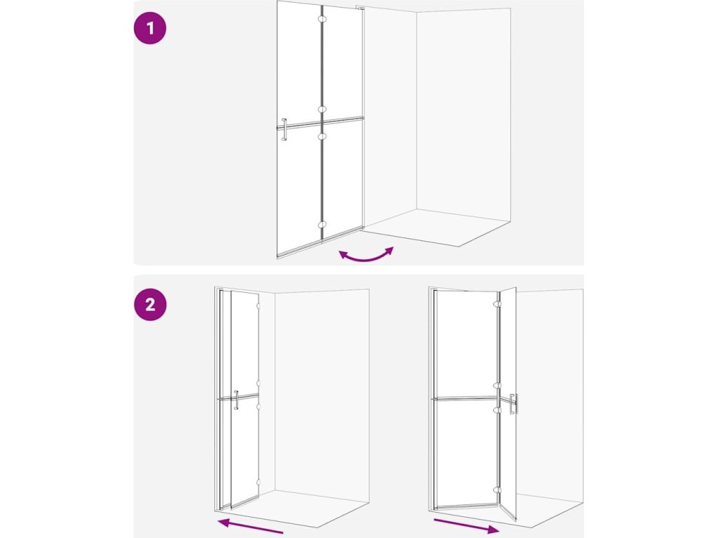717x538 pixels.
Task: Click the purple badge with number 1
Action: tap(150, 28)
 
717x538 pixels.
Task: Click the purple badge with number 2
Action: tap(150, 304)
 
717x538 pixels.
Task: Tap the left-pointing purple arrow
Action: tap(250, 525)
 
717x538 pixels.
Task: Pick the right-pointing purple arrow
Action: tap(466, 525)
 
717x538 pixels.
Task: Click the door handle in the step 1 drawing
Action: tap(284, 130)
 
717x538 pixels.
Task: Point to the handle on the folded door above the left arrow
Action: tap(236, 399)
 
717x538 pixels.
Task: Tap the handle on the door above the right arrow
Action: tap(515, 403)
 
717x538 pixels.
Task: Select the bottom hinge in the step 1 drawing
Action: tap(322, 225)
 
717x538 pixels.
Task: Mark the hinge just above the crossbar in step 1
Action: tap(322, 109)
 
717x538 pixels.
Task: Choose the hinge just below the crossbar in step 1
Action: tap(322, 136)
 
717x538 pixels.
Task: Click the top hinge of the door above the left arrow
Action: tap(258, 305)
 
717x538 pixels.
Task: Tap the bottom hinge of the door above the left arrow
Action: tap(258, 482)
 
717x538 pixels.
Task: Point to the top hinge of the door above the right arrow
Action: tap(498, 304)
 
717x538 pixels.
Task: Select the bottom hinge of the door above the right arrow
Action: tap(498, 490)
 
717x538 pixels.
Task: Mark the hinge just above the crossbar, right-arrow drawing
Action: tap(498, 386)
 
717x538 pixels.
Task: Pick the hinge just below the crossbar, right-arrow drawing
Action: tap(498, 410)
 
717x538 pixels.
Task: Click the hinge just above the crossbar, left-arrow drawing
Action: tap(258, 383)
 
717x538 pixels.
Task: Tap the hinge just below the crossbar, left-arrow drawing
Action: tap(258, 406)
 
